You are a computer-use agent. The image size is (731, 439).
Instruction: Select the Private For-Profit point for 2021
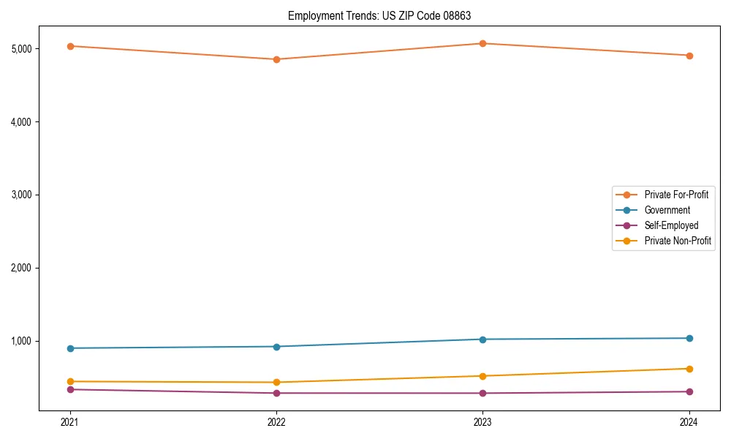[x=70, y=46]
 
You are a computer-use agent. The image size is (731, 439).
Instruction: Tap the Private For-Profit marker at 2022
[x=276, y=59]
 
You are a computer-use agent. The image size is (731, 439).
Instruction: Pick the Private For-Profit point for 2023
[x=482, y=43]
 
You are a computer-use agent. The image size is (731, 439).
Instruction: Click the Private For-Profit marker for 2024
[x=689, y=56]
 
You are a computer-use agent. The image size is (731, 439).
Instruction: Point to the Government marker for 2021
[x=70, y=348]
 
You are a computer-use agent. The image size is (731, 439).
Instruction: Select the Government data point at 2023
[x=482, y=339]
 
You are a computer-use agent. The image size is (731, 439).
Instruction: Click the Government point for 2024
[x=689, y=338]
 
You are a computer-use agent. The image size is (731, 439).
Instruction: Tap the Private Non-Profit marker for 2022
[x=276, y=382]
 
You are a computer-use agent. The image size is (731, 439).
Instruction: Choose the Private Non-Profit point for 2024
[x=689, y=369]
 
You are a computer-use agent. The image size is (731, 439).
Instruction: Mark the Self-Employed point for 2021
[x=70, y=389]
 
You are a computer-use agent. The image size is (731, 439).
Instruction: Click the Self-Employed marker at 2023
[x=482, y=393]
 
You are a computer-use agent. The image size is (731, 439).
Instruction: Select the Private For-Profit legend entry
[x=676, y=195]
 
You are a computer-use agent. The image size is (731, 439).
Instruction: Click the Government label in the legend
[x=667, y=210]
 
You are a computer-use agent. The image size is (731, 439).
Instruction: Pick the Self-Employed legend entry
[x=671, y=225]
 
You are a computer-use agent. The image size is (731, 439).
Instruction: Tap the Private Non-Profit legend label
[x=678, y=241]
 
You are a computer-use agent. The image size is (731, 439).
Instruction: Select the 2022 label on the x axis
[x=276, y=421]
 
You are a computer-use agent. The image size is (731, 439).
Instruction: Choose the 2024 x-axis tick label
[x=689, y=421]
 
